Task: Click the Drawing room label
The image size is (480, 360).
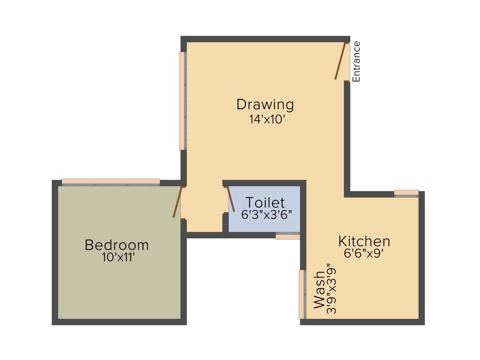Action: pos(265,105)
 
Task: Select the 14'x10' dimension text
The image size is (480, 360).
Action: pos(267,120)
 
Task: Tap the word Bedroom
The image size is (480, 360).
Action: pos(117,245)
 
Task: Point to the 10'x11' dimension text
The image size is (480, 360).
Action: pos(119,257)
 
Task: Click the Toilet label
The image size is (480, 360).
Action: pos(265,203)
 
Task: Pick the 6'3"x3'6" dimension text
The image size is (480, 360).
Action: pos(267,215)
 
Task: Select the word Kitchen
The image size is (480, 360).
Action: pos(364,241)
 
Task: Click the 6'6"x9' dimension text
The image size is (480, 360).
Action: pos(364,254)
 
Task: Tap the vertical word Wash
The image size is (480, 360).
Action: pos(319,289)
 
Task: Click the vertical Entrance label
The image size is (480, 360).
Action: pos(356,62)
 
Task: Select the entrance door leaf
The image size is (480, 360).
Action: pos(341,61)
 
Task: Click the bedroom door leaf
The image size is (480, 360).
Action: pos(177,202)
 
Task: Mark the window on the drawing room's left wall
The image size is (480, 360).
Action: pos(182,101)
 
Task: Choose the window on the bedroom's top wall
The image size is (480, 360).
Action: pos(111,182)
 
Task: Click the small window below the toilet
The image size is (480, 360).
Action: pos(287,236)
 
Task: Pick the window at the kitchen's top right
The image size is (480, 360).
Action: pos(406,193)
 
